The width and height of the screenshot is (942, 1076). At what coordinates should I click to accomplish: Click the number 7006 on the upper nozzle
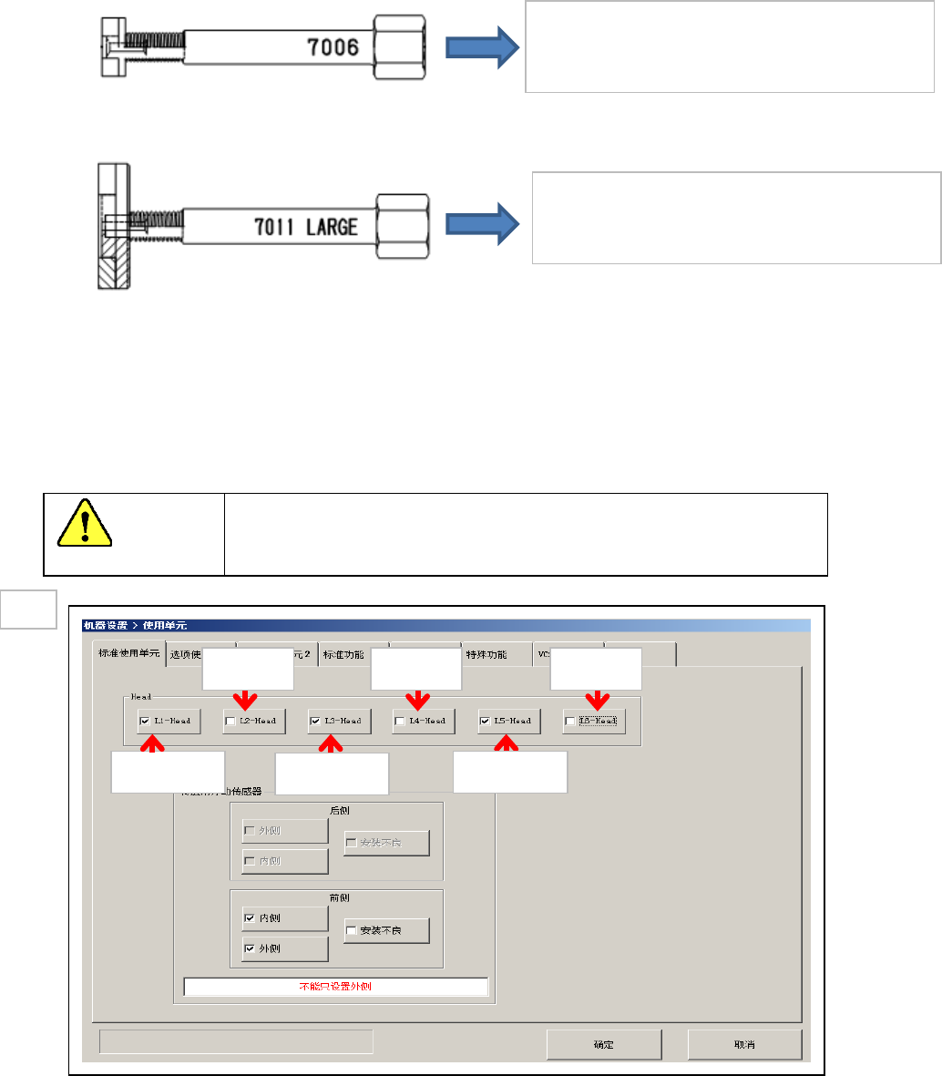(333, 46)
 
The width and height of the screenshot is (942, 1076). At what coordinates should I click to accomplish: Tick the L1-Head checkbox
(145, 721)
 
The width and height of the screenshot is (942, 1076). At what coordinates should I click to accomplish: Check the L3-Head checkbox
(315, 721)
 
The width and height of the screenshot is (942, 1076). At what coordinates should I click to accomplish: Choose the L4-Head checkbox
(400, 721)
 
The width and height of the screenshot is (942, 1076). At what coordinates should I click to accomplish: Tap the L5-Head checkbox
(486, 721)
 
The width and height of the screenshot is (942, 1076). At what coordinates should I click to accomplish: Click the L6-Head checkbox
(570, 721)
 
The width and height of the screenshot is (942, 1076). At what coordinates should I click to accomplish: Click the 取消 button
(744, 1044)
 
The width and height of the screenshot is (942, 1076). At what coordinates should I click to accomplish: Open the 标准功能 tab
(343, 654)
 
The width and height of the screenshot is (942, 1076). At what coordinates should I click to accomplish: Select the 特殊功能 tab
(486, 654)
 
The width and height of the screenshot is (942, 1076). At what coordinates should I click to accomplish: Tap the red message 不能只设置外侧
(335, 987)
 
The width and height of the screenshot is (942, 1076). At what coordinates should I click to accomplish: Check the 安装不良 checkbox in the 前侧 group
(352, 931)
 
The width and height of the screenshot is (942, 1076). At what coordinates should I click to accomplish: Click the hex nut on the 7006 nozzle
(399, 46)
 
